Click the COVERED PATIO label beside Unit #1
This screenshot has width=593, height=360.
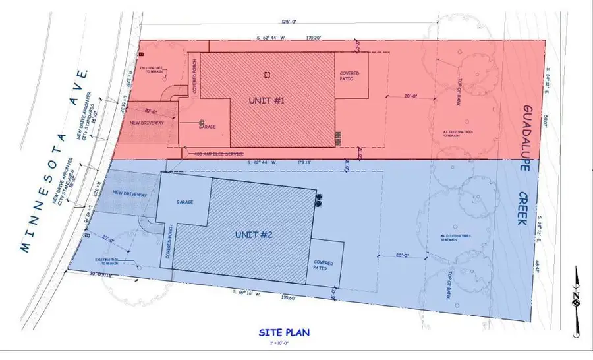[x=347, y=76]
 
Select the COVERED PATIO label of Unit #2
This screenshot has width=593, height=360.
[x=323, y=266]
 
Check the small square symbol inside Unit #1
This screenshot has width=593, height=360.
[x=266, y=75]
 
